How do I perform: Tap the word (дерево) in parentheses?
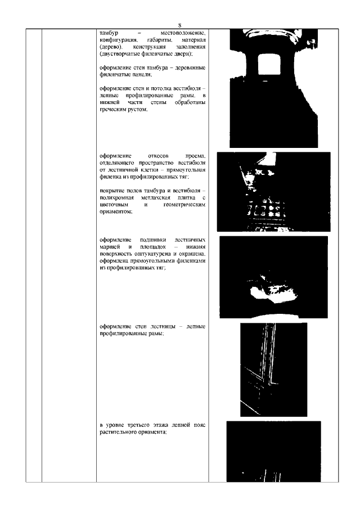pyautogui.click(x=110, y=48)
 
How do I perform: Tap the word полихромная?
pyautogui.click(x=118, y=199)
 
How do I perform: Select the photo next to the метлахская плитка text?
pyautogui.click(x=273, y=192)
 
